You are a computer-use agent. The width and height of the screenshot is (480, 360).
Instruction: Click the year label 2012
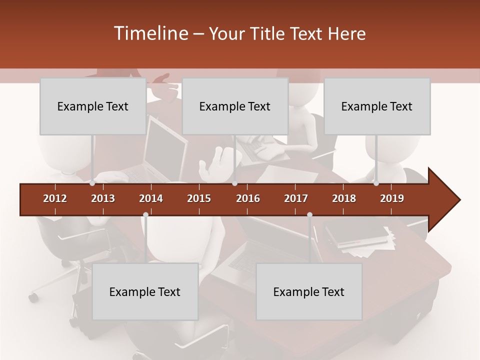(55, 198)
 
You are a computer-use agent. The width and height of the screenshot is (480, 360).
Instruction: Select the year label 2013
(103, 198)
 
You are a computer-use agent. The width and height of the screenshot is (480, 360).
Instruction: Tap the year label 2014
(151, 198)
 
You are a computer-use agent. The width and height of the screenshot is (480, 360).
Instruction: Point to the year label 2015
(199, 198)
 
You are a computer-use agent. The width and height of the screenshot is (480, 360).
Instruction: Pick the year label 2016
(248, 198)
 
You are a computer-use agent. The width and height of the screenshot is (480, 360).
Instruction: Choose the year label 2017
(296, 198)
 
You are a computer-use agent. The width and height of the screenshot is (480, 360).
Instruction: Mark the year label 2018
(344, 198)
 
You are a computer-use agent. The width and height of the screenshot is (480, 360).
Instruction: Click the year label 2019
(392, 198)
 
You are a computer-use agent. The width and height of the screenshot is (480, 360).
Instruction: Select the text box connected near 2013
(93, 106)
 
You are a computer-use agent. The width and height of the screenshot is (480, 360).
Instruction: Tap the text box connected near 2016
(235, 106)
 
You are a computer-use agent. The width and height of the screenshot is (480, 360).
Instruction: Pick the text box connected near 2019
(377, 106)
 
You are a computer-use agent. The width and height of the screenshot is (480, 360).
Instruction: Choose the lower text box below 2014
(145, 291)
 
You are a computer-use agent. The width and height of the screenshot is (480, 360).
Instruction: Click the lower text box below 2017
(309, 291)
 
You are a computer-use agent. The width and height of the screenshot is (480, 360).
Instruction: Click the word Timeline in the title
(150, 33)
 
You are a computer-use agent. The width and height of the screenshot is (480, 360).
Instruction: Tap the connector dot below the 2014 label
(145, 215)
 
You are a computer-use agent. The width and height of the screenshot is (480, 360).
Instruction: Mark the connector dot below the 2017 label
(309, 215)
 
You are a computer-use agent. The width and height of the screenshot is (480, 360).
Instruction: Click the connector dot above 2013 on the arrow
(92, 183)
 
